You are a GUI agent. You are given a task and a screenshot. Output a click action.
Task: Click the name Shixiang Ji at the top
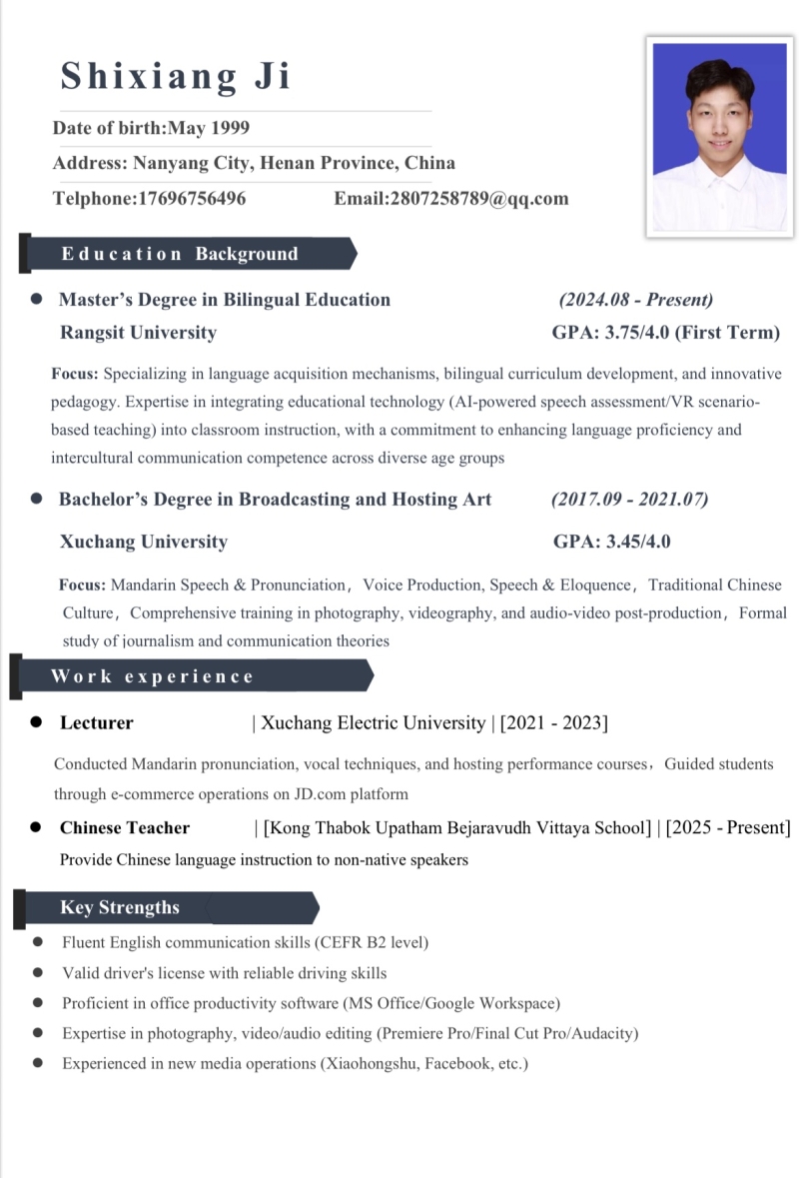176,76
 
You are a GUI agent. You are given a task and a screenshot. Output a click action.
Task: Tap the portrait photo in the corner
720,138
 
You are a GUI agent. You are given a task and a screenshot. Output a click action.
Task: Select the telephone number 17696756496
191,198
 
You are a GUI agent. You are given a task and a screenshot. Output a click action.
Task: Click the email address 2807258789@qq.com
478,198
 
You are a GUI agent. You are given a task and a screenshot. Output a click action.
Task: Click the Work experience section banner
190,676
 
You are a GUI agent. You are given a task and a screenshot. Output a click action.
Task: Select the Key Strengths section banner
165,907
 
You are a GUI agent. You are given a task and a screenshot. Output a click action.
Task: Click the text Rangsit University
138,333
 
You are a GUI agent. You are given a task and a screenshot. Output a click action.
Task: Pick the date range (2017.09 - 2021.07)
629,499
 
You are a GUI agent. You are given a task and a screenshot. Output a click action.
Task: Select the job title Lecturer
96,722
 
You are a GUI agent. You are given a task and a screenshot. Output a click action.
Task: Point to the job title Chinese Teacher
125,827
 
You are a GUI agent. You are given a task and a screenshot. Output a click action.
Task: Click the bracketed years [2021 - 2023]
553,722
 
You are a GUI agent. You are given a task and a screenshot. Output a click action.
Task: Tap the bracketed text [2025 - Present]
728,827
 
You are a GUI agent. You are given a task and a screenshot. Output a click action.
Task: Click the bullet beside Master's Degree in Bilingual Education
37,299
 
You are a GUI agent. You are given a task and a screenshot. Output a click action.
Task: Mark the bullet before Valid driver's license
38,972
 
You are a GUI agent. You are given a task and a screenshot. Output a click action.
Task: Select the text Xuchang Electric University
372,722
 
